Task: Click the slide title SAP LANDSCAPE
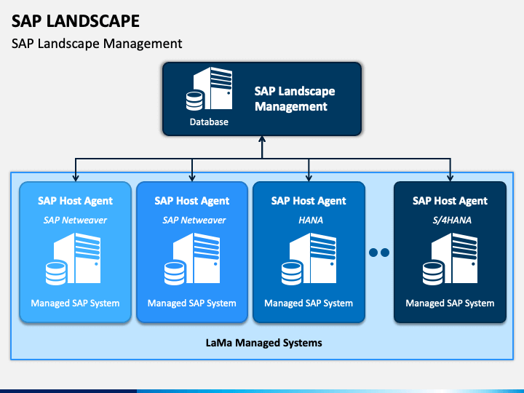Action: (x=76, y=21)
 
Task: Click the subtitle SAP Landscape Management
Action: (x=97, y=44)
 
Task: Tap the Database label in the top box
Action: (x=209, y=122)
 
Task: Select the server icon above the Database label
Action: (x=209, y=89)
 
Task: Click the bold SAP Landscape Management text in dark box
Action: (x=295, y=98)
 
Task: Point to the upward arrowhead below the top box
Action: (x=262, y=139)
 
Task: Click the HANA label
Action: (x=311, y=221)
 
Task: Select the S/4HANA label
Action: (x=452, y=221)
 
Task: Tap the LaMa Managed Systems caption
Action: (x=263, y=343)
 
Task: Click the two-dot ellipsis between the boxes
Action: (x=379, y=253)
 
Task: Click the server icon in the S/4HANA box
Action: (x=450, y=259)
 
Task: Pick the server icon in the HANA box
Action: (x=309, y=259)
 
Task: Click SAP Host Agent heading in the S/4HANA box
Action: (x=450, y=201)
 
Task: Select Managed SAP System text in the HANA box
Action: (x=309, y=303)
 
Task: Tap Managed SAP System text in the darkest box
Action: (x=450, y=303)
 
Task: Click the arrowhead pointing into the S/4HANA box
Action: (x=450, y=178)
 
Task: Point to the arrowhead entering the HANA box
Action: (x=309, y=178)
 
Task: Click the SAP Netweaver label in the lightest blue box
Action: (x=75, y=221)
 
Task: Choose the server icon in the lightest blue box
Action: (x=74, y=259)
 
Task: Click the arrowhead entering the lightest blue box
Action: (x=76, y=178)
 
